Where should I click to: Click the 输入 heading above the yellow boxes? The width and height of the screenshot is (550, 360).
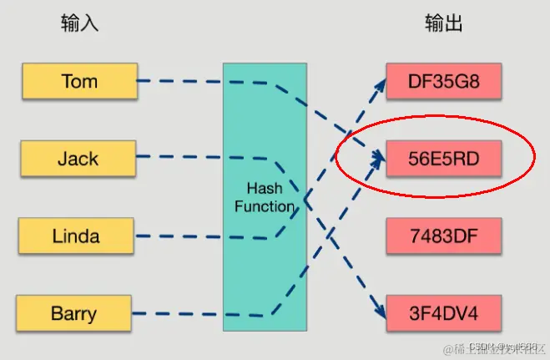click(x=79, y=23)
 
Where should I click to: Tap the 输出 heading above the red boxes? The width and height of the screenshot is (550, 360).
click(x=443, y=23)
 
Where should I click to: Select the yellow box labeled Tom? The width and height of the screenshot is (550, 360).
click(x=79, y=81)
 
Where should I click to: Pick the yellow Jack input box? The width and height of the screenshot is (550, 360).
click(x=78, y=158)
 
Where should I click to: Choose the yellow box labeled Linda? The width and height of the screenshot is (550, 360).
click(x=76, y=236)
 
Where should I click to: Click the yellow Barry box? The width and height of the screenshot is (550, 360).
click(x=73, y=314)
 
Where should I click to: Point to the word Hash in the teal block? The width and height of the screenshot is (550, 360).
click(x=264, y=189)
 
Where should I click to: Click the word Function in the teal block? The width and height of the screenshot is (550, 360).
click(x=264, y=205)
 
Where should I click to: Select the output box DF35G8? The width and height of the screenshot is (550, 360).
click(x=443, y=81)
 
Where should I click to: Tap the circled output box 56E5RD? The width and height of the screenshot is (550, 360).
click(x=443, y=158)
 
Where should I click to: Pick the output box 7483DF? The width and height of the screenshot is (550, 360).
click(x=443, y=236)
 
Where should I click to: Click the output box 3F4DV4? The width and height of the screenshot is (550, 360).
click(x=443, y=314)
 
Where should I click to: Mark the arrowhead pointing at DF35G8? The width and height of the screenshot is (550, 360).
click(x=378, y=84)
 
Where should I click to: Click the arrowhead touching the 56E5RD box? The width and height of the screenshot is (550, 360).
click(x=378, y=157)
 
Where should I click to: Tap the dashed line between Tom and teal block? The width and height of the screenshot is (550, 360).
click(x=179, y=81)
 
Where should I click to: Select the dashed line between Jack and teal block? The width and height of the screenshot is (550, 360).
click(x=179, y=157)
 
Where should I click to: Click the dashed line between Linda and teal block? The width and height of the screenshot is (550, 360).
click(x=179, y=236)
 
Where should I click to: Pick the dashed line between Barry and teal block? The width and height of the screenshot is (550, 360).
click(x=179, y=314)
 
